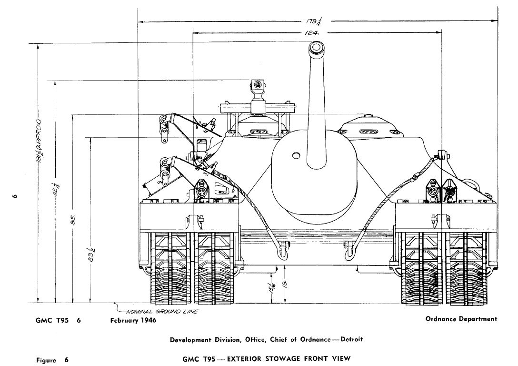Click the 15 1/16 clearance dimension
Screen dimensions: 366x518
click(272, 288)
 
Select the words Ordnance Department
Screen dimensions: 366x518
click(461, 319)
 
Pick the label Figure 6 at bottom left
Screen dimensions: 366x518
click(52, 360)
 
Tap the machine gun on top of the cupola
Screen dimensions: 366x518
click(258, 86)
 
